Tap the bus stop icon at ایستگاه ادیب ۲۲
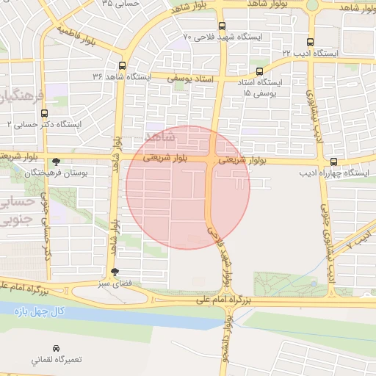[309, 42]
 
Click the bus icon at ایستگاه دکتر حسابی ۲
[45, 113]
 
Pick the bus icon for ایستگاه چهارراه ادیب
[334, 162]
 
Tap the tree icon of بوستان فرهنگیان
[56, 162]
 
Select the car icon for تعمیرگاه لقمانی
[56, 347]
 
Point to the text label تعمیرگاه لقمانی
[56, 361]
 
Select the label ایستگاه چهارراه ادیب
[334, 174]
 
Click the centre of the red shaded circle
[188, 187]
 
